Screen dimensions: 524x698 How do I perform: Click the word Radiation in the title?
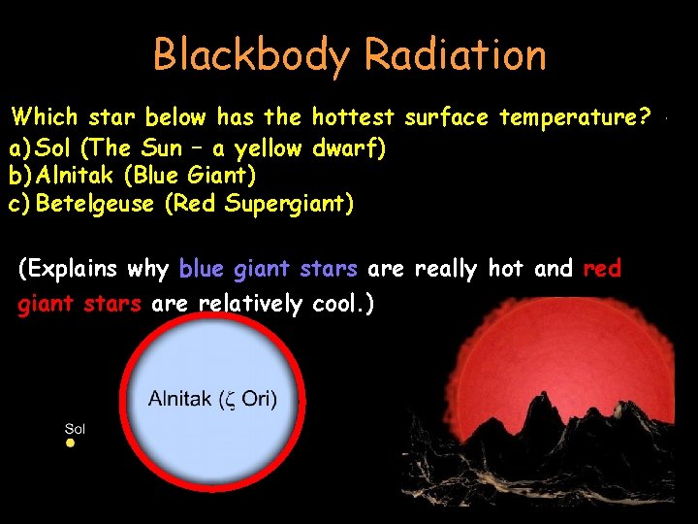pyautogui.click(x=453, y=55)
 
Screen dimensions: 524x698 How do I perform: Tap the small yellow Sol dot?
pyautogui.click(x=70, y=443)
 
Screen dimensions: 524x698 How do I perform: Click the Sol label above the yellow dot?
pyautogui.click(x=75, y=428)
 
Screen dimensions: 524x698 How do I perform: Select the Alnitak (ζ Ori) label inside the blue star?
pyautogui.click(x=212, y=399)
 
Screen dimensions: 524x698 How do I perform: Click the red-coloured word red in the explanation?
pyautogui.click(x=602, y=269)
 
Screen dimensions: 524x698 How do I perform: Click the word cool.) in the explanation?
pyautogui.click(x=344, y=305)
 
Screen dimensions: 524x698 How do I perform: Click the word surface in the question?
pyautogui.click(x=447, y=118)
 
